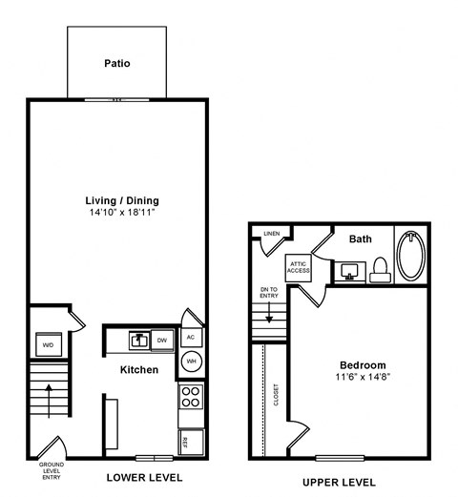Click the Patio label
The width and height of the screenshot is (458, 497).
(x=117, y=65)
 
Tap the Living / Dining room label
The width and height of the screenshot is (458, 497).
(x=122, y=200)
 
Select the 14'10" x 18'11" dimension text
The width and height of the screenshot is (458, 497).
(x=121, y=213)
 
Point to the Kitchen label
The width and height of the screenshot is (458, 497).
(x=138, y=369)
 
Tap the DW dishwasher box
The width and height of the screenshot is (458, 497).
(x=162, y=339)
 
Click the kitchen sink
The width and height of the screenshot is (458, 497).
(x=138, y=339)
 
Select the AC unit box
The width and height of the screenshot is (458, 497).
(x=190, y=338)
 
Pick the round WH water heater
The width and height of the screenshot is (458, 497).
(x=191, y=362)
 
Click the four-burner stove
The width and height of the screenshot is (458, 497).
(x=190, y=396)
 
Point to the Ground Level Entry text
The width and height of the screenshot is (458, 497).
(x=51, y=472)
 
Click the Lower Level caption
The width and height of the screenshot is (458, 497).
(x=143, y=477)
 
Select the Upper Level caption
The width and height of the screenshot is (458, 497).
(x=339, y=482)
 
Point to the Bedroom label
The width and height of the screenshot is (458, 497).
(x=363, y=365)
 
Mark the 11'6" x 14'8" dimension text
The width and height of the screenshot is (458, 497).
(x=363, y=378)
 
